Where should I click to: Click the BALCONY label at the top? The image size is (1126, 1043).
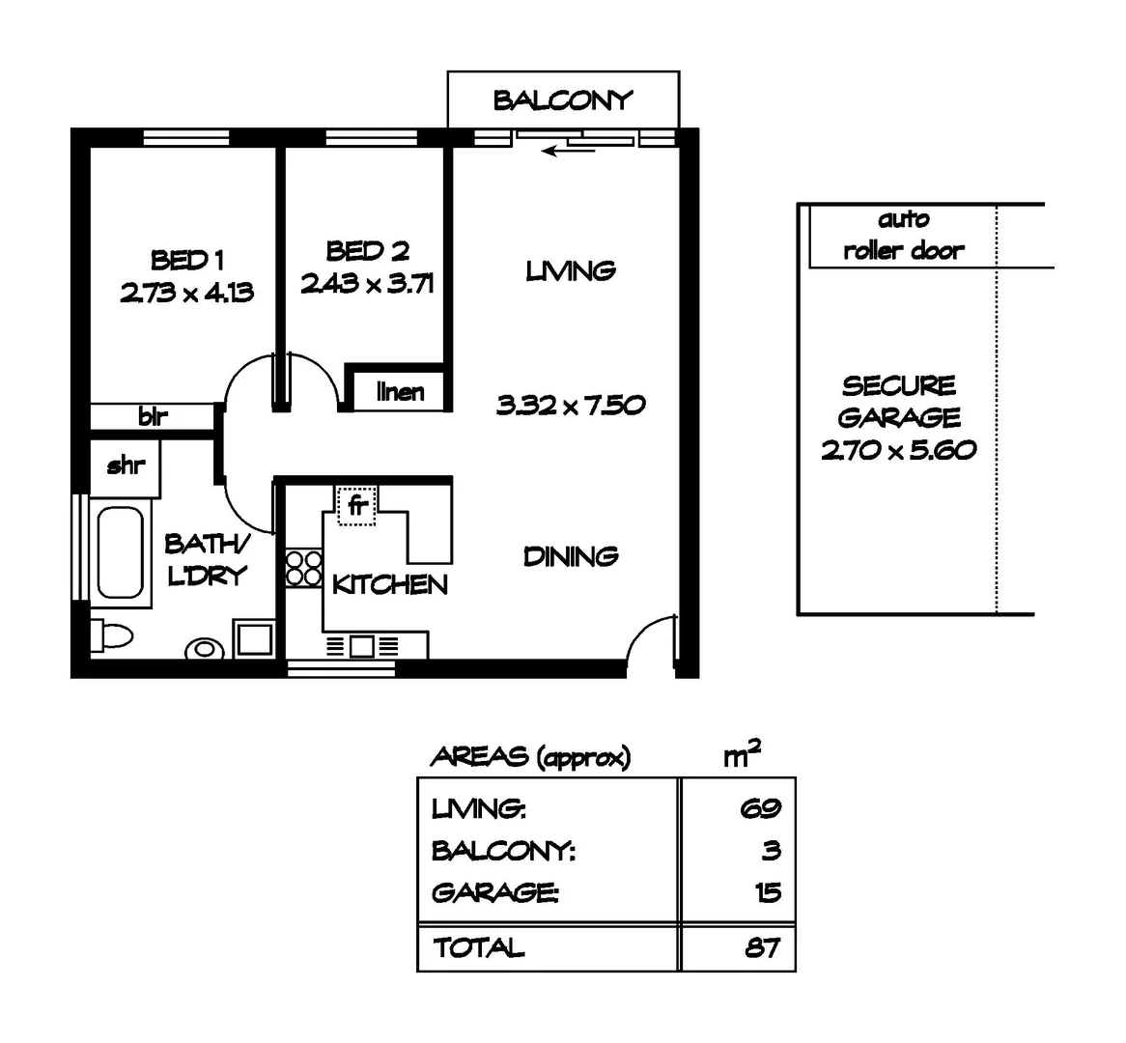click(563, 100)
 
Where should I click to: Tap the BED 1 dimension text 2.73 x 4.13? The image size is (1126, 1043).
click(186, 292)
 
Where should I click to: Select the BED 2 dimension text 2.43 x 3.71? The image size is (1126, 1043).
click(367, 283)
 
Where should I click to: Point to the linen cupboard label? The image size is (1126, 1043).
click(400, 392)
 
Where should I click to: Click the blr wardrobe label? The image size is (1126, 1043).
click(153, 417)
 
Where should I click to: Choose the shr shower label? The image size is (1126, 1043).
click(126, 465)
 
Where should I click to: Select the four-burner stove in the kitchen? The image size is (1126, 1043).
click(302, 567)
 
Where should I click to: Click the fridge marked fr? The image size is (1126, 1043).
click(356, 504)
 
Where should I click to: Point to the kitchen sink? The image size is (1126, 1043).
click(363, 646)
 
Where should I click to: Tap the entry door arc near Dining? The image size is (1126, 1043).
click(649, 637)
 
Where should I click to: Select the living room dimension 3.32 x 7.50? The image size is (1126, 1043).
click(570, 406)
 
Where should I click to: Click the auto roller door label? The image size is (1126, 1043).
click(903, 236)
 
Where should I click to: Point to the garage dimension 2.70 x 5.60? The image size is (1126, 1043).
click(898, 449)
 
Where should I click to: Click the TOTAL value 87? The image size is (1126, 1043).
click(762, 947)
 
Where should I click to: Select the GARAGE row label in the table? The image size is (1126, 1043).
click(493, 892)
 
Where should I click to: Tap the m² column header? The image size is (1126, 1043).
click(741, 755)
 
